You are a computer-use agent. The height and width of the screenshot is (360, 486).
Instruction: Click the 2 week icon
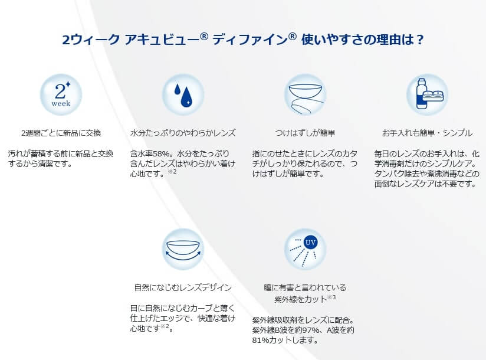pos(61,94)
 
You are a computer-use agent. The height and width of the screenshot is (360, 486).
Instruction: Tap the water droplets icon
pos(183,94)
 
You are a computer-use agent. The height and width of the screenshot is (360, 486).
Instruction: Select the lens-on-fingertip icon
pos(305,94)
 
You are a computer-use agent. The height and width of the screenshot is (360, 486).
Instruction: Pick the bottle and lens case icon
pos(427,94)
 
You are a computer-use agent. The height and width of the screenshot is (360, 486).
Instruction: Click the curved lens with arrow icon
pos(183,249)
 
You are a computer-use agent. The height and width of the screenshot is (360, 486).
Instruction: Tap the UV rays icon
pos(305,249)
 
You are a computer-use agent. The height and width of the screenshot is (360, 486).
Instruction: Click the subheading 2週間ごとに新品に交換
pos(61,133)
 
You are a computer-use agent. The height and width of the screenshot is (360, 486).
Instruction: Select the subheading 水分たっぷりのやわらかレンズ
pos(183,133)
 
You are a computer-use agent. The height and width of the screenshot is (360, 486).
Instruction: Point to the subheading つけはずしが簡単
pos(305,133)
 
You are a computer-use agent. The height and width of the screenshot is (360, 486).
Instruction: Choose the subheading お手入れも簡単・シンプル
pos(427,133)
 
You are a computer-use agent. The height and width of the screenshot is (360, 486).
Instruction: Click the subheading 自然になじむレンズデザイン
pos(183,287)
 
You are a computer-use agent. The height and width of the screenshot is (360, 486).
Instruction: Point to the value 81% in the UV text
pos(260,340)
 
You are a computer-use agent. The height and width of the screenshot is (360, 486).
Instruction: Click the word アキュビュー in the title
pos(166,40)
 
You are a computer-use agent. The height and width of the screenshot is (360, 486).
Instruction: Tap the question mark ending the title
pos(420,40)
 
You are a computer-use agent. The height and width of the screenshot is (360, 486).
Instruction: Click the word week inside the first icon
pos(61,103)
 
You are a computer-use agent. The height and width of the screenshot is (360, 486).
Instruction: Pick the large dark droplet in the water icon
pos(186,97)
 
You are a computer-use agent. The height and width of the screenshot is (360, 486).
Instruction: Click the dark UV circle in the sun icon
pos(310,242)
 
